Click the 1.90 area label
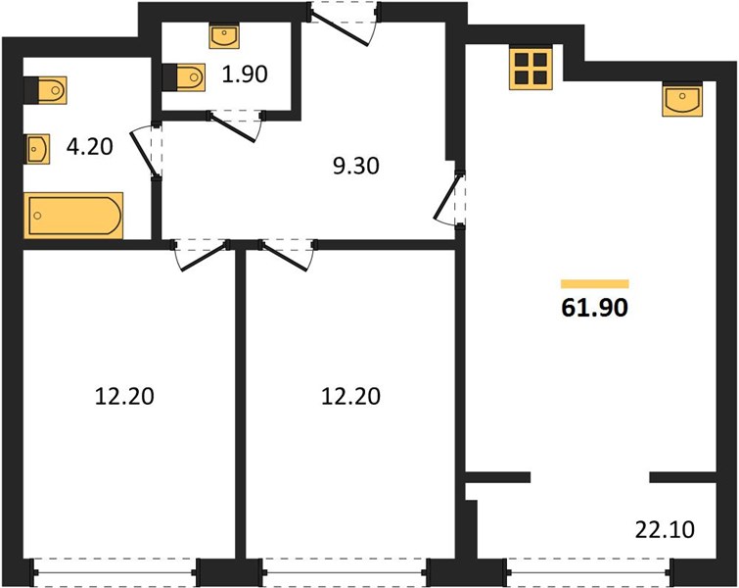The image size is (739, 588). point(245,74)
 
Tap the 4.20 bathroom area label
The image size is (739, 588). point(89,146)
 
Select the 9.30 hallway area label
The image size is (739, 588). point(356,167)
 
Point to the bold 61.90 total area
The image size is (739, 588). point(595,308)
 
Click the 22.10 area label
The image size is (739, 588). point(665,529)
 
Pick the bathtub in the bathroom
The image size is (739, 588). point(73,216)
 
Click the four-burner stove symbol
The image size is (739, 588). point(531,68)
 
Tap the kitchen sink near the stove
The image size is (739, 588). point(682,99)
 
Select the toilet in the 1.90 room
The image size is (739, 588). point(184,76)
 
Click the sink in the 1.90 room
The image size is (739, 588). point(225,37)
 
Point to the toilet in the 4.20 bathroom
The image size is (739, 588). point(45,89)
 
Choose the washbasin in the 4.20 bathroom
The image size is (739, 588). point(37,150)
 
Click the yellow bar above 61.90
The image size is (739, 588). point(595,283)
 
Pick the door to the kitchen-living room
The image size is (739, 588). point(449,199)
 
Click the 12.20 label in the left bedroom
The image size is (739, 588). point(124,396)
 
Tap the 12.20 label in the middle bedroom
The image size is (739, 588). point(350,396)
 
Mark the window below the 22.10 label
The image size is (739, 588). point(589,572)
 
